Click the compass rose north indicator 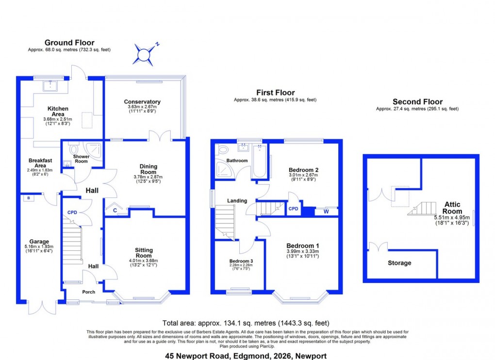pyautogui.click(x=143, y=54)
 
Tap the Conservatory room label pyautogui.click(x=142, y=101)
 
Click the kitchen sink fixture pyautogui.click(x=50, y=86)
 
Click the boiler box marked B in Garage pyautogui.click(x=29, y=198)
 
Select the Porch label pyautogui.click(x=88, y=292)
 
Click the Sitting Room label pyautogui.click(x=144, y=253)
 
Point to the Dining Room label pyautogui.click(x=148, y=169)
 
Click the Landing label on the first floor pyautogui.click(x=237, y=200)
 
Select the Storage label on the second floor pyautogui.click(x=399, y=263)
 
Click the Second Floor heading pyautogui.click(x=417, y=101)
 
